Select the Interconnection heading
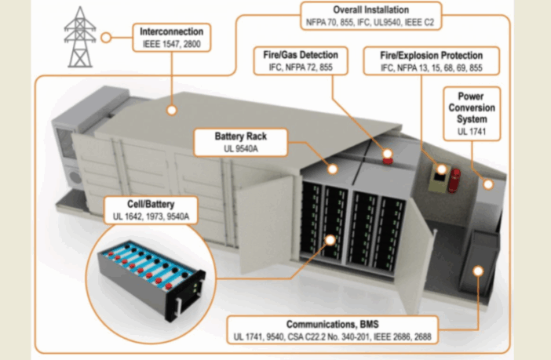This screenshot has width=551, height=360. coord(171,32)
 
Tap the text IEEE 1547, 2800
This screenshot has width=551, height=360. coord(171,45)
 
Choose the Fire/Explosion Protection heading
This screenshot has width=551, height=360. coord(432,56)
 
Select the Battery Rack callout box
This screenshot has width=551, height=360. coord(240,143)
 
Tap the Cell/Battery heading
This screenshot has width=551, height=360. coord(156,203)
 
